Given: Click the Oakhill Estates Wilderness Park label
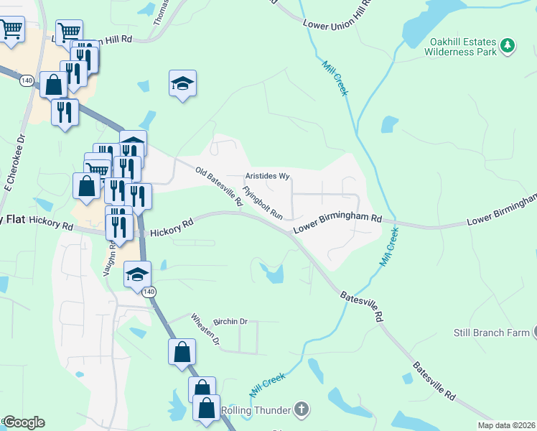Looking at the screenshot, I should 460,47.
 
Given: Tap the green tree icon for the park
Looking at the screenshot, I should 508,46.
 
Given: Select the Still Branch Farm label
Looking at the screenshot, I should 491,333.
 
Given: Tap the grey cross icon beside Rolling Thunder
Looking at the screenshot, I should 302,410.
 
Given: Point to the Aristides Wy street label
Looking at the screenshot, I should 267,175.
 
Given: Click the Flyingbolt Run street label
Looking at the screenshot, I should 263,203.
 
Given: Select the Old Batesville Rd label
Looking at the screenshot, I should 219,186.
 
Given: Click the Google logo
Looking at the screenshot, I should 24,422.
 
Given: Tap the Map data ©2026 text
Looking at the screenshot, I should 507,425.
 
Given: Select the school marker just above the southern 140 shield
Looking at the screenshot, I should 138,274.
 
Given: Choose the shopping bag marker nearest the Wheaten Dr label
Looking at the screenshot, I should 182,353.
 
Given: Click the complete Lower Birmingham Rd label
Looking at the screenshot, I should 337,223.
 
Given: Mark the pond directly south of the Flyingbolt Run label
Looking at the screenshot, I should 274,272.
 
